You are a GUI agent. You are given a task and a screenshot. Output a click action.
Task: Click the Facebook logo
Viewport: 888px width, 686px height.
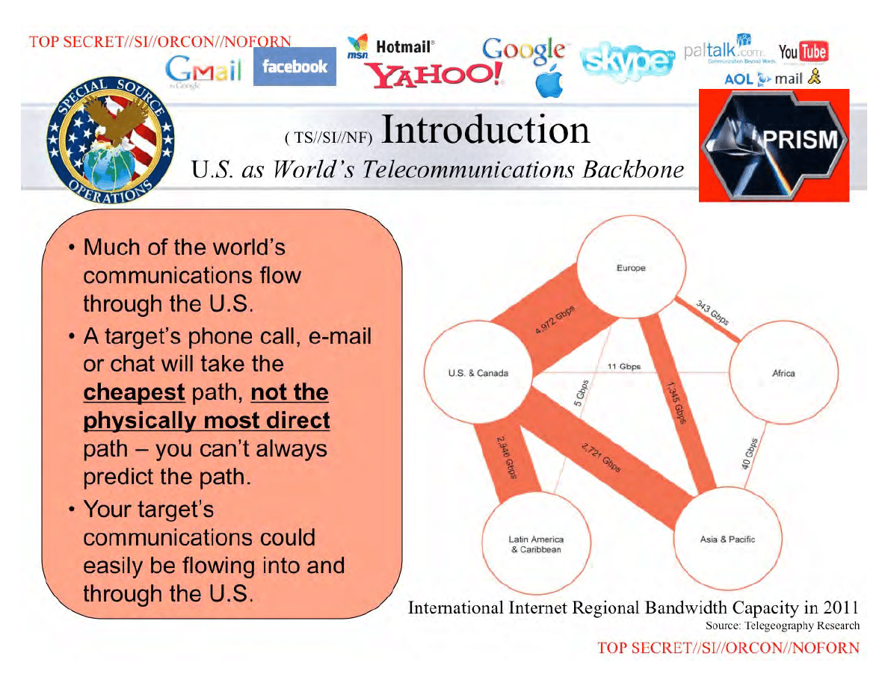tap(295, 67)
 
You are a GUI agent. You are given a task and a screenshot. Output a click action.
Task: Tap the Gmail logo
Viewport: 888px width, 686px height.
tap(203, 71)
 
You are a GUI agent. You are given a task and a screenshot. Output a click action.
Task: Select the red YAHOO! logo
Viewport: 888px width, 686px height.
tap(434, 74)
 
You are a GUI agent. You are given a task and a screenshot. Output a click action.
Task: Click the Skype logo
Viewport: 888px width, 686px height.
tap(627, 61)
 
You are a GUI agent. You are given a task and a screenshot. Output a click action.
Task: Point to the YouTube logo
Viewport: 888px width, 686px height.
tap(803, 52)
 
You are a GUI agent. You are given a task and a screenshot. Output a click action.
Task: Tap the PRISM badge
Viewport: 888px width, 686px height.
tap(774, 145)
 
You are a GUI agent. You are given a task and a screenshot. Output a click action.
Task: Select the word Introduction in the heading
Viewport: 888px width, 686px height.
tap(485, 129)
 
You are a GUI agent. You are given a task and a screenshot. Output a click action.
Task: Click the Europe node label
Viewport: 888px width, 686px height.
tap(631, 268)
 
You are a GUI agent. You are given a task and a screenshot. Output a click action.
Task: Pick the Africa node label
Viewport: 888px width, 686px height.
tap(783, 373)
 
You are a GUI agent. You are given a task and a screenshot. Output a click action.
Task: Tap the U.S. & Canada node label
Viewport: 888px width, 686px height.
tap(478, 373)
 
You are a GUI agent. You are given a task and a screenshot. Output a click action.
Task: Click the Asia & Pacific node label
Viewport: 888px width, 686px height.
tap(727, 540)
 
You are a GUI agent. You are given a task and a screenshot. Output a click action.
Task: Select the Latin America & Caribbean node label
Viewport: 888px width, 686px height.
tap(536, 545)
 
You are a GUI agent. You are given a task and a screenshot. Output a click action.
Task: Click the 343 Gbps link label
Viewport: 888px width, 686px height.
tap(712, 313)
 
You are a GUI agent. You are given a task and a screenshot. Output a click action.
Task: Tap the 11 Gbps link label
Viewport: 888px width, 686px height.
tap(624, 366)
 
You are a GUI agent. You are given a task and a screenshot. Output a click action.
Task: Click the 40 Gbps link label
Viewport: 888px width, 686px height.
tap(749, 454)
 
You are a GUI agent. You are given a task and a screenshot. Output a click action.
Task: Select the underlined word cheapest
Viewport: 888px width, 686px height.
tap(134, 392)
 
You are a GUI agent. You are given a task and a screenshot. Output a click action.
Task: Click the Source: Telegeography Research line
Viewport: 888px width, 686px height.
tap(782, 625)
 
